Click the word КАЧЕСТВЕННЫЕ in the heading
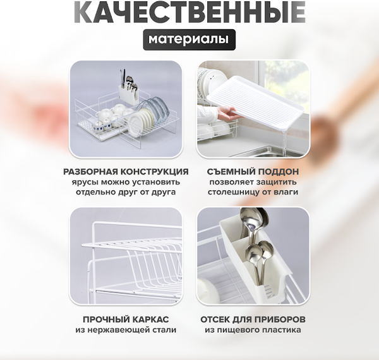[x=189, y=12]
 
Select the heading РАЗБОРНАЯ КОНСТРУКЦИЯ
[x=126, y=172]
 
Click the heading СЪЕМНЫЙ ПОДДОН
[x=253, y=172]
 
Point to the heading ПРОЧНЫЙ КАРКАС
[x=126, y=318]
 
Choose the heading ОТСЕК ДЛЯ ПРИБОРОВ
[x=253, y=318]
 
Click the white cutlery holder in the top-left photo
[x=129, y=95]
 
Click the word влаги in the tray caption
[x=285, y=192]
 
